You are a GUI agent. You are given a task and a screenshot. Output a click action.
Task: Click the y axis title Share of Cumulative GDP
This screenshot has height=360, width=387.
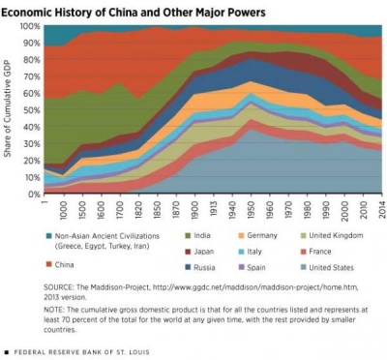9,109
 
